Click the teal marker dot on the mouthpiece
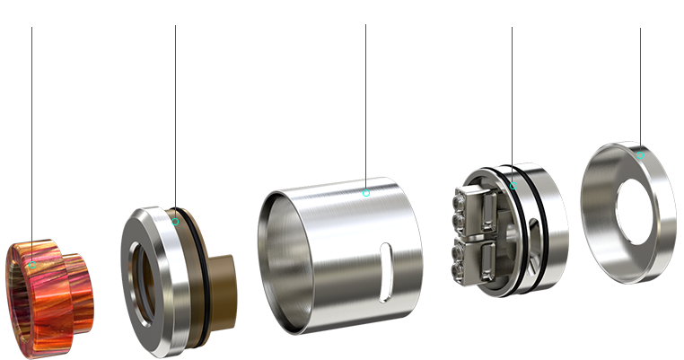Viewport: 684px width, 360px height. click(x=32, y=266)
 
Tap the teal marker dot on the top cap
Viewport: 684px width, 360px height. click(x=176, y=222)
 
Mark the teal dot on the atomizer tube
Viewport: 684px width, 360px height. click(x=365, y=192)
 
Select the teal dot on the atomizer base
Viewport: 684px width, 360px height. click(x=513, y=187)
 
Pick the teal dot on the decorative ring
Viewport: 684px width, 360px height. click(x=640, y=155)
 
